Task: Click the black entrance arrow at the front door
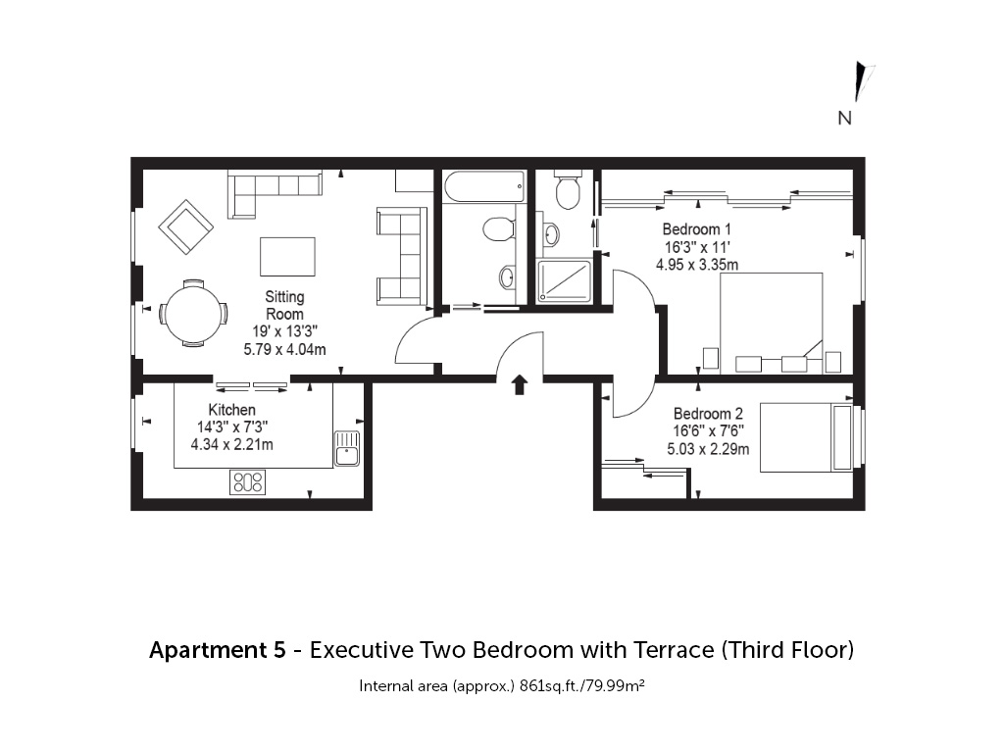520,384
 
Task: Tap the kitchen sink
346,448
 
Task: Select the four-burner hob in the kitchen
248,482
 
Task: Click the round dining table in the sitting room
193,313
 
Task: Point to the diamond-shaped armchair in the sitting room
186,226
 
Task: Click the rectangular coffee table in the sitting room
287,257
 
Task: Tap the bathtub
483,187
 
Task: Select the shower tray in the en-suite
564,281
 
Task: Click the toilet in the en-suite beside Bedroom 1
568,189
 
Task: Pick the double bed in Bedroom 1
771,324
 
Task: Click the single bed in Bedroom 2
806,437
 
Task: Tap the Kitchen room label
231,410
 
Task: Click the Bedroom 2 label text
708,414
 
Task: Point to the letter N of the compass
845,118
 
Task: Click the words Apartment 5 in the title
218,651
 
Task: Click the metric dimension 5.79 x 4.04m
285,350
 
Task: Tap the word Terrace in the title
674,650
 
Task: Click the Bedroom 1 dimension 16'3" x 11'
697,247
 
